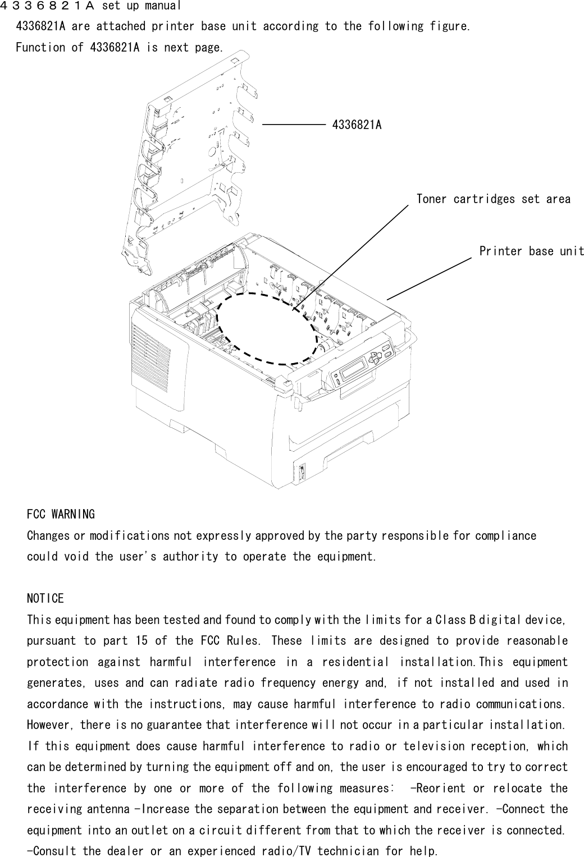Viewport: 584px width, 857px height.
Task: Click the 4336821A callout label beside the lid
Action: pyautogui.click(x=357, y=125)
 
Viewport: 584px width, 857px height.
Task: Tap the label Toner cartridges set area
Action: pyautogui.click(x=493, y=199)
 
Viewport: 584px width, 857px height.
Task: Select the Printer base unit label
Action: pyautogui.click(x=531, y=251)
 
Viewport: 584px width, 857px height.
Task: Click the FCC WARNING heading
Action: pyautogui.click(x=61, y=514)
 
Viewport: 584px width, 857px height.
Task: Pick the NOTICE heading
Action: pyautogui.click(x=45, y=599)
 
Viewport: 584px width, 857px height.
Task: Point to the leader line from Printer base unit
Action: pyautogui.click(x=428, y=279)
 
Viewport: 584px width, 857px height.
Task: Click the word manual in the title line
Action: pyautogui.click(x=162, y=7)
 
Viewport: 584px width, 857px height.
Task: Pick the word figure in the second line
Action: pyautogui.click(x=453, y=26)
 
